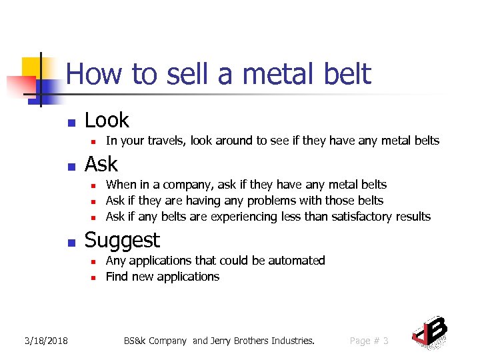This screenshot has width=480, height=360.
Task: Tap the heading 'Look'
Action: coord(107,121)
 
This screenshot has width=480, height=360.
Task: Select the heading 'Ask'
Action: coord(101,165)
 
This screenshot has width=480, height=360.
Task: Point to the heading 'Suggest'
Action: coord(123,240)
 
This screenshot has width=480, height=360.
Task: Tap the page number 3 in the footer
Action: coord(385,341)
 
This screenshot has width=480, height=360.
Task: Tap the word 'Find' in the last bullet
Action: coord(117,277)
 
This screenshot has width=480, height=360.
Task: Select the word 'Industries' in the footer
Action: coord(289,341)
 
